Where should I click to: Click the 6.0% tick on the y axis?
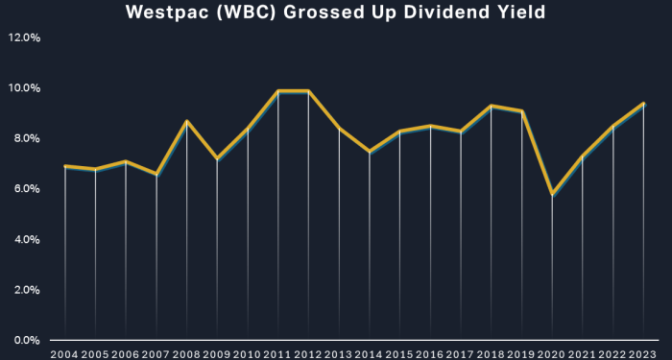[x=26, y=189]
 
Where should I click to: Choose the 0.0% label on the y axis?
[x=26, y=340]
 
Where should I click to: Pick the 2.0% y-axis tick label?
[x=26, y=290]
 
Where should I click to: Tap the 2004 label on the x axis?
[x=65, y=353]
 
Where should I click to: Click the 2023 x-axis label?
[x=643, y=353]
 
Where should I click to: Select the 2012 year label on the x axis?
[x=308, y=353]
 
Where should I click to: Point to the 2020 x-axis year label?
[x=552, y=353]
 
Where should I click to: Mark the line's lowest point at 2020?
[x=552, y=194]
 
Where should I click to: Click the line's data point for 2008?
[x=187, y=121]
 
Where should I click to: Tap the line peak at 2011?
[x=278, y=91]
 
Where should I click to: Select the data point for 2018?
[x=491, y=106]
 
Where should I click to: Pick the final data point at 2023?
[x=643, y=104]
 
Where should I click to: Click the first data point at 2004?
[x=65, y=166]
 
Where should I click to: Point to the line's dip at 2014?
[x=370, y=152]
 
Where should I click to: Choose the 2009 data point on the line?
[x=217, y=158]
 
